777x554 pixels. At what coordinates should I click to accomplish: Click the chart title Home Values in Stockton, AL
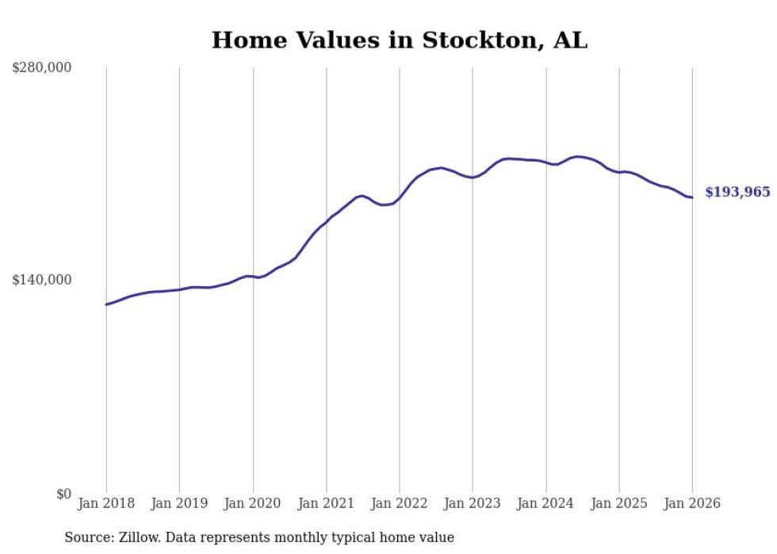pos(400,40)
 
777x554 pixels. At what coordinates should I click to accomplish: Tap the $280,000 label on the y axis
pos(42,68)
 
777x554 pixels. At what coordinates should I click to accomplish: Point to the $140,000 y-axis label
pos(42,280)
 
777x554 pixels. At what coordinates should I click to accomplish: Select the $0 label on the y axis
pos(63,494)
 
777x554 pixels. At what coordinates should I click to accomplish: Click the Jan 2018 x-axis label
pos(106,503)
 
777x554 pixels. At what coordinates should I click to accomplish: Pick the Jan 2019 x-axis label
pos(179,503)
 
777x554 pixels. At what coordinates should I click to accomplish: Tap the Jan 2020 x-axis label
pos(253,503)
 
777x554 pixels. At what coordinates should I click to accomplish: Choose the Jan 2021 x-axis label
pos(326,503)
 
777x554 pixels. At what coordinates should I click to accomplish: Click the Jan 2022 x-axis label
pos(400,503)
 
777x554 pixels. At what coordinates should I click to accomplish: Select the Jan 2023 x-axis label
pos(473,503)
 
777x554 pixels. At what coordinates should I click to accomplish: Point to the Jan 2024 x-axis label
pos(546,503)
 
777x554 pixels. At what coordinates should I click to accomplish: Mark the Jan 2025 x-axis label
pos(619,503)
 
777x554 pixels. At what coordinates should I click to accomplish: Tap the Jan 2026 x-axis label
pos(692,503)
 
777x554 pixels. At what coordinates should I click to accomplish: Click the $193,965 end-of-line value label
pos(737,193)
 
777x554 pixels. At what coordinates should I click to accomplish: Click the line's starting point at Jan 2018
pos(106,304)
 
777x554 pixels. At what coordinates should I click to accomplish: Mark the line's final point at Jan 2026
pos(692,197)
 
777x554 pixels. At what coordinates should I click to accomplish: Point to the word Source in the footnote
pos(86,537)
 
